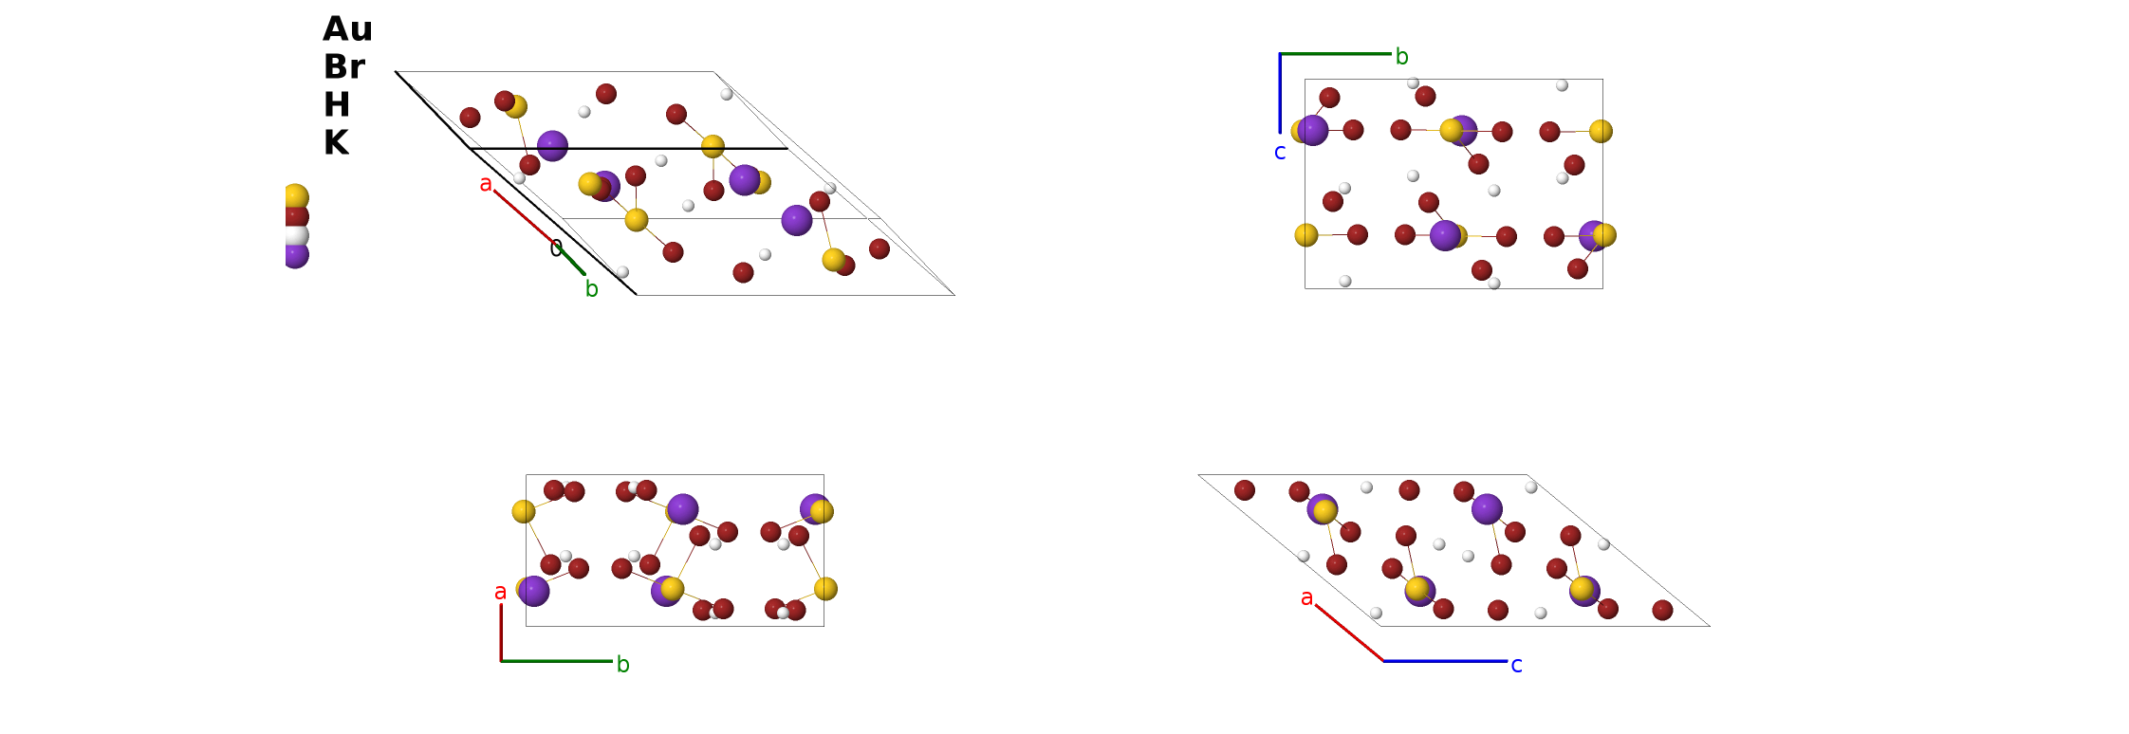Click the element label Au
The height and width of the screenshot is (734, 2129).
[347, 29]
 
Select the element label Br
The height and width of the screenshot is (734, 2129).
[344, 67]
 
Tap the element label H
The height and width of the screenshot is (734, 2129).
[337, 104]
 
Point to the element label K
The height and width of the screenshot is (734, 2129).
[336, 142]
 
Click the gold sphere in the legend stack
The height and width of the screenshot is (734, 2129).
[296, 197]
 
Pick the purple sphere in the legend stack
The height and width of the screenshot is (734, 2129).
[296, 255]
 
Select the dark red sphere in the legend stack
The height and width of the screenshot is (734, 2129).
[296, 217]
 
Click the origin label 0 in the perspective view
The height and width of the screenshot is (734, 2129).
[556, 248]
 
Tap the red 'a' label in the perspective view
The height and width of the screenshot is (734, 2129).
[486, 184]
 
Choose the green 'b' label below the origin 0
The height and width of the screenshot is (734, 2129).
[591, 288]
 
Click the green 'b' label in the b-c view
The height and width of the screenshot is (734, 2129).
[1401, 57]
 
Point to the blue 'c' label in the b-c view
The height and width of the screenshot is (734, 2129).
[1280, 153]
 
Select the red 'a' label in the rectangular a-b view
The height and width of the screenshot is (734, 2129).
[500, 593]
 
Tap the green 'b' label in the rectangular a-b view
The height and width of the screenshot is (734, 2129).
[623, 664]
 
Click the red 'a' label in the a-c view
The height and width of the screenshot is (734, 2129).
[1306, 598]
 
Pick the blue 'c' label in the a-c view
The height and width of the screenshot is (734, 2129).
[1516, 666]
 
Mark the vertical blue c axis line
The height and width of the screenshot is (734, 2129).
[1280, 93]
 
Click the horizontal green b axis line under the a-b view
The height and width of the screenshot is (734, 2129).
[557, 661]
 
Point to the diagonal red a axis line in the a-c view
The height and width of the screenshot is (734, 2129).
[1350, 633]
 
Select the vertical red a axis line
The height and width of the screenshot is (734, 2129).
[501, 632]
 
